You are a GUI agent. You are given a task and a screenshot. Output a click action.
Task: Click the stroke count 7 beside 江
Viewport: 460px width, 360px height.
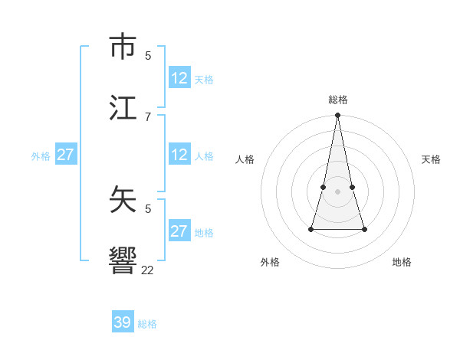148,116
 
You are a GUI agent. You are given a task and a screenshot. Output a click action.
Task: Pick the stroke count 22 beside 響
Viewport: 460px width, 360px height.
148,270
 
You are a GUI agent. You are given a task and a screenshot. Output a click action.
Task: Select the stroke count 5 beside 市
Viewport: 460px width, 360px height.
148,55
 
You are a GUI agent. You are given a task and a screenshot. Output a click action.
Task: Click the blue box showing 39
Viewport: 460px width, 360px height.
123,322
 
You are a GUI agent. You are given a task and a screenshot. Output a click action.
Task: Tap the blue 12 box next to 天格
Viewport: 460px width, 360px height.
179,78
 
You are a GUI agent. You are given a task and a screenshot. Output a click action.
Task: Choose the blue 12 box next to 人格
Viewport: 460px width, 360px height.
179,155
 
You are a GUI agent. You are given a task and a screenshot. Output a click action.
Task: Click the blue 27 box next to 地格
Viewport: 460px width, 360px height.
179,231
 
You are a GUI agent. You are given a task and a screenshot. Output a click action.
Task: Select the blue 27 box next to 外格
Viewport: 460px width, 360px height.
65,155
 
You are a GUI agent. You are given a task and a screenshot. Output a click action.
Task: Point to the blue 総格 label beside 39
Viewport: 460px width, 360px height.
147,324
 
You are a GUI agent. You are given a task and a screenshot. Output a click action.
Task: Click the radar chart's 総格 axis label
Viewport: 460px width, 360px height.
338,100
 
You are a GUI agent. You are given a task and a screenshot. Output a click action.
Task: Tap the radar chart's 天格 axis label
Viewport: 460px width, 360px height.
431,159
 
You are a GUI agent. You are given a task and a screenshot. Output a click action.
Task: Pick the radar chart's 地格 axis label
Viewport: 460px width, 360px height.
402,262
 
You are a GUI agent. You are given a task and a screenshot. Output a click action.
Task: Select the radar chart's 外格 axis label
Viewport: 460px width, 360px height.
270,262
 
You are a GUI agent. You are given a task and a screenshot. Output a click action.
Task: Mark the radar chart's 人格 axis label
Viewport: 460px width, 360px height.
245,159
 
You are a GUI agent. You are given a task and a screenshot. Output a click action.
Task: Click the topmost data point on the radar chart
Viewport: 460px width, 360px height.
337,115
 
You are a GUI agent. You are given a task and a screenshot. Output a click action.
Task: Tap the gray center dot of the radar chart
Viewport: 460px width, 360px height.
337,191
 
